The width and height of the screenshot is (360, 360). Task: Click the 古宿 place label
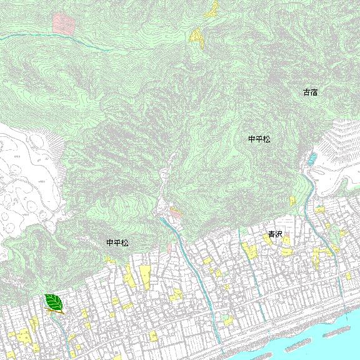311,92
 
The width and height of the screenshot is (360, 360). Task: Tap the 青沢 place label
275,234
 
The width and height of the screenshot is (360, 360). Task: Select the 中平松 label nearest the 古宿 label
259,139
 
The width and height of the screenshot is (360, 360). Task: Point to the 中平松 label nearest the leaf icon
117,242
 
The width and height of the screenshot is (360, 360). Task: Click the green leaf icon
54,303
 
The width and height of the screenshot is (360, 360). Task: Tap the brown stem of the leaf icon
61,311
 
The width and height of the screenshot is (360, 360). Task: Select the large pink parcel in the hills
64,24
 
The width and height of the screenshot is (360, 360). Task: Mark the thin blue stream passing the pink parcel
37,37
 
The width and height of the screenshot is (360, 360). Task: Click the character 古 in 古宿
307,92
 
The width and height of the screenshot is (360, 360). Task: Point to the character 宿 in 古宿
314,92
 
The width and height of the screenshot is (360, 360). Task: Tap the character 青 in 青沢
271,234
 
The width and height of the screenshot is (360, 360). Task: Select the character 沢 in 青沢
279,234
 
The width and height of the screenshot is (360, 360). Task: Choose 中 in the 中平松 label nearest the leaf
109,242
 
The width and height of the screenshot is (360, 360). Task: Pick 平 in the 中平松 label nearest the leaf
117,242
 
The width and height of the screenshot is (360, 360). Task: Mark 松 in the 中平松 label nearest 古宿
267,139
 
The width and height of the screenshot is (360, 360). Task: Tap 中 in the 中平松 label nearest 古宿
252,139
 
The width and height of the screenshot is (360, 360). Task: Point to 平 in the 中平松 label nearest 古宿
259,139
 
